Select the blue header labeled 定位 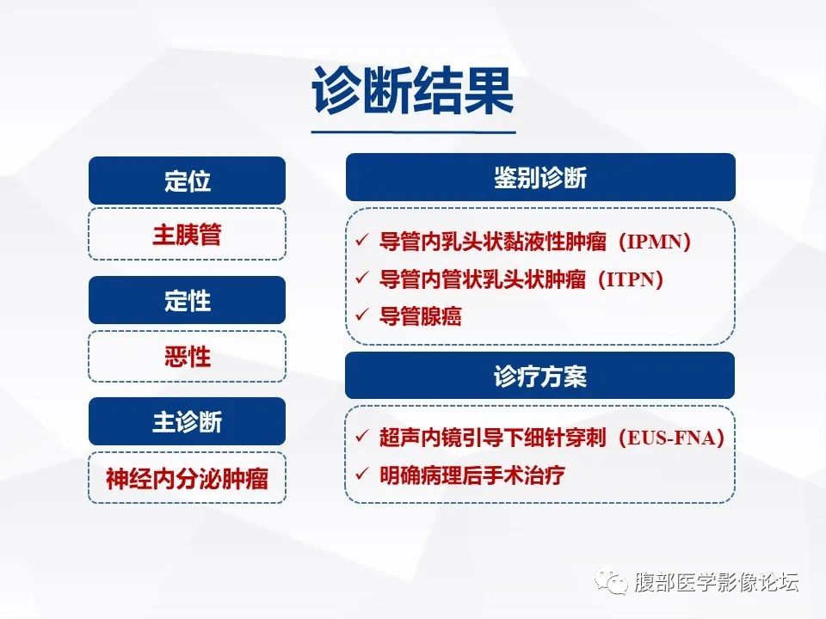[x=187, y=181]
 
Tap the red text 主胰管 [x=187, y=235]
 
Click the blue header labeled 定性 [x=187, y=301]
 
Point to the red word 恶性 [x=187, y=356]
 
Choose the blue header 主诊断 [x=187, y=422]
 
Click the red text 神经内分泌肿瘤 [x=187, y=478]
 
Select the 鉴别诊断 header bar [x=539, y=178]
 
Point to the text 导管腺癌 [x=420, y=316]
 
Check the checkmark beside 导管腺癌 [x=361, y=316]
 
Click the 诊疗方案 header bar [x=539, y=376]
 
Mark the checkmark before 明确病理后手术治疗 [x=361, y=474]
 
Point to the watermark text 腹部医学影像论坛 [x=716, y=584]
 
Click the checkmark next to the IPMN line [x=361, y=241]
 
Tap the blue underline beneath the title [x=413, y=132]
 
